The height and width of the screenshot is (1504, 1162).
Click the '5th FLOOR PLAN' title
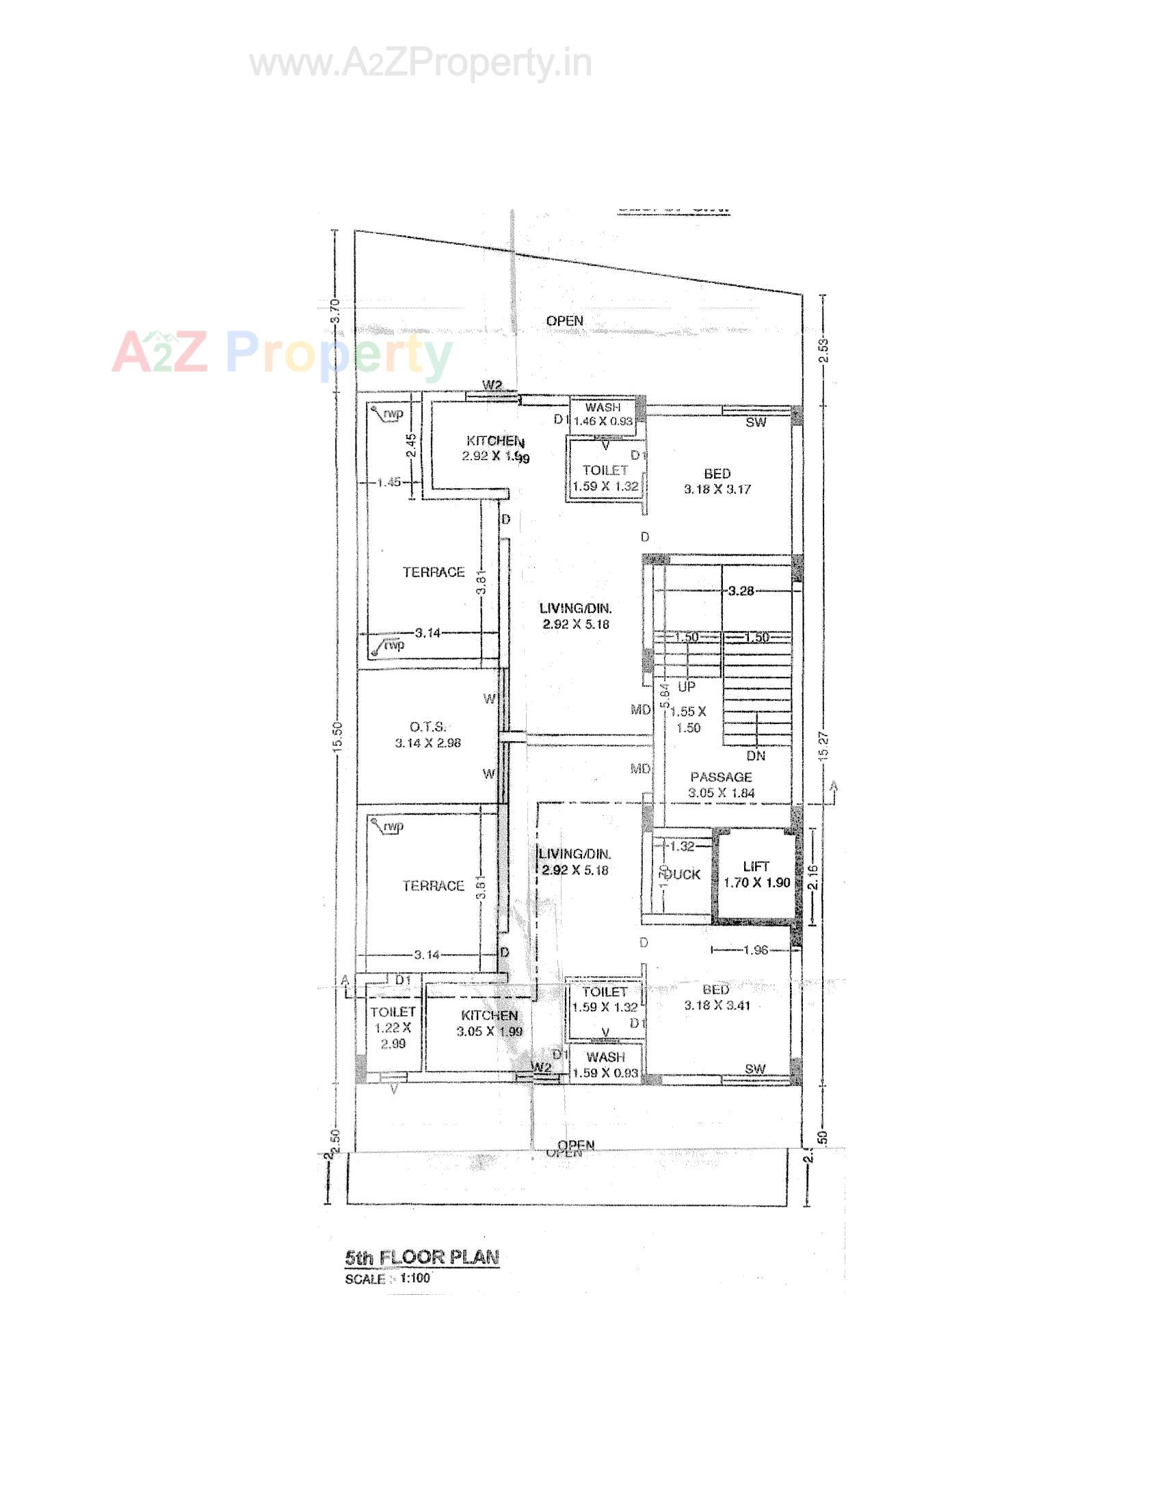(421, 1256)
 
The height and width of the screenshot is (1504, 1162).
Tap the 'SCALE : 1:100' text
(388, 1279)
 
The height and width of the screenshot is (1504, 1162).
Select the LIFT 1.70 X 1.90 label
(756, 874)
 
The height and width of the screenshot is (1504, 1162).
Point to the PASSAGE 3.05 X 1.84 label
(721, 785)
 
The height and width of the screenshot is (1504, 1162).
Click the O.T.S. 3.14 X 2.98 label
(427, 735)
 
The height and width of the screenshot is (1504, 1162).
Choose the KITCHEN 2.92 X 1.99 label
(496, 448)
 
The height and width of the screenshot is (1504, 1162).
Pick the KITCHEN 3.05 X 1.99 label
(489, 1023)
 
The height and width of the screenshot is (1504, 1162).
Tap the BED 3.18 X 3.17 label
(717, 481)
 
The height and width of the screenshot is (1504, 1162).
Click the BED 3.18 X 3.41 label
(716, 998)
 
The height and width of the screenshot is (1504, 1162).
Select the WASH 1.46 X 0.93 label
(603, 414)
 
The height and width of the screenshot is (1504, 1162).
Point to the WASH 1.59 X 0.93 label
(606, 1064)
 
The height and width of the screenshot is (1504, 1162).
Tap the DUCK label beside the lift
(684, 874)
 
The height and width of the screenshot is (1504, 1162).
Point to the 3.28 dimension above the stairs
(741, 590)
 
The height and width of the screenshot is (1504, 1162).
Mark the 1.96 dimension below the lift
(756, 951)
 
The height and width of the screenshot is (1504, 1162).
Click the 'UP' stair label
(687, 686)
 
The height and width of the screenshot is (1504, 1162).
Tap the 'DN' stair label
(756, 755)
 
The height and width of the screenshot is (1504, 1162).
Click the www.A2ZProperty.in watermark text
(420, 64)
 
